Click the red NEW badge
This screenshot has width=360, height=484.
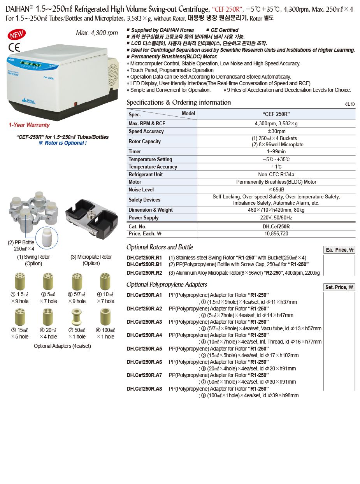17,35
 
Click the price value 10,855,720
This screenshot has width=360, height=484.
276,233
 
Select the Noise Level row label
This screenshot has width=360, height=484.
141,189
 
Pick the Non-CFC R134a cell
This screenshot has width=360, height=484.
276,174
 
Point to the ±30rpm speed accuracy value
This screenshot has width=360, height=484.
276,132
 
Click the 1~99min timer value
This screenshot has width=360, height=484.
276,151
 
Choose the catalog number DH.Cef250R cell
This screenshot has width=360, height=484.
276,226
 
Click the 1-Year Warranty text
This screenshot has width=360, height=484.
29,125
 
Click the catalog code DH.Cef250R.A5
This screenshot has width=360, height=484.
144,349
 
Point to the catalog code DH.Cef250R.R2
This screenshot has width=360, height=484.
144,273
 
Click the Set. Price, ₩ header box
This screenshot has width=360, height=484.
339,287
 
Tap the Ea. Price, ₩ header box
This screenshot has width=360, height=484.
339,250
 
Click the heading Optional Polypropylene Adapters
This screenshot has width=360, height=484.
167,284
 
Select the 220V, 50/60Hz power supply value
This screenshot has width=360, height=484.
276,217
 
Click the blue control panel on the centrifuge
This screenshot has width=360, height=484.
37,63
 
